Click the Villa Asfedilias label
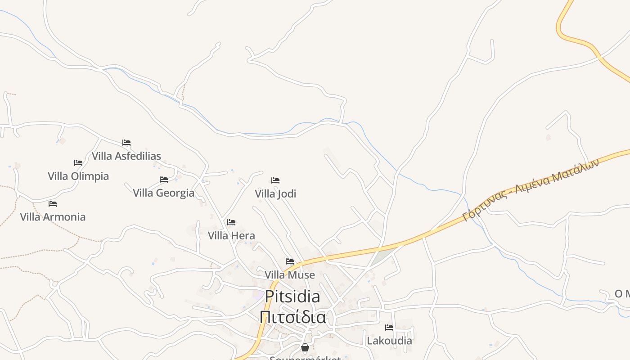[x=126, y=156]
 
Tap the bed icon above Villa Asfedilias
[x=126, y=143]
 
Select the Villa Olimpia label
[x=78, y=176]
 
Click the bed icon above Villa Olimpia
[x=78, y=162]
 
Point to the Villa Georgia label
[x=164, y=193]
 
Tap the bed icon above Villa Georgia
[x=164, y=180]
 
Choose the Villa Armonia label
[x=53, y=217]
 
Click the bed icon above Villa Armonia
[x=53, y=203]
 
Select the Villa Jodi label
[x=275, y=194]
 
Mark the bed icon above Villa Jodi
[x=275, y=180]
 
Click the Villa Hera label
[x=231, y=235]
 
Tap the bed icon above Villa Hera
[x=231, y=222]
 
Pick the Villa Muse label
[x=290, y=274]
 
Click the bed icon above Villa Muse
[x=290, y=261]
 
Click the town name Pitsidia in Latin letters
[x=292, y=297]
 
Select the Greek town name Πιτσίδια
[x=292, y=317]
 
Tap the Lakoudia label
[x=389, y=341]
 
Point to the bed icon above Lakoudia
[x=389, y=327]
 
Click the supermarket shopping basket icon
[x=305, y=347]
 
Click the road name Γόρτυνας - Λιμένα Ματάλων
[x=531, y=189]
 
